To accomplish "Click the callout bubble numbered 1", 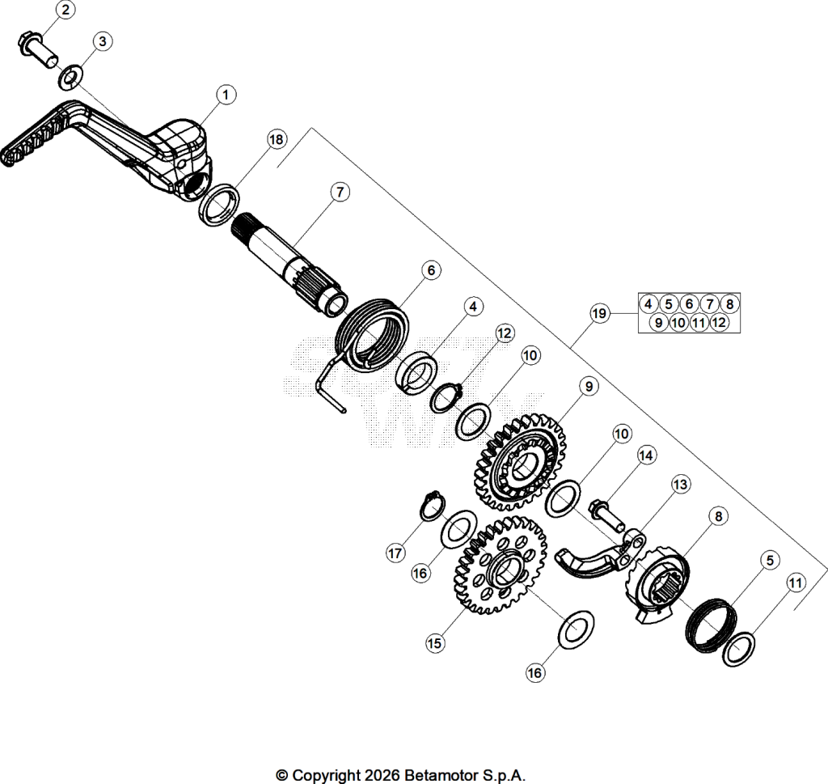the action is [x=226, y=95].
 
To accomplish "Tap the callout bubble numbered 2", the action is [x=65, y=10].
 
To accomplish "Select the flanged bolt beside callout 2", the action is [x=38, y=51].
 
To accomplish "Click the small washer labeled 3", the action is [x=70, y=77].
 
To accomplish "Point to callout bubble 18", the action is [x=277, y=139].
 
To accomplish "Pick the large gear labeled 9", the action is [x=520, y=462].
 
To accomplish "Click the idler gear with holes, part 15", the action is [x=500, y=566].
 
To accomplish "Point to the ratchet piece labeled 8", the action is [x=657, y=585].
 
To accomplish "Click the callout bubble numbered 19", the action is [x=599, y=314].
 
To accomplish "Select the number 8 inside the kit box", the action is [x=730, y=303].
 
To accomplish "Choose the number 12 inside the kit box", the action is [x=719, y=322].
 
